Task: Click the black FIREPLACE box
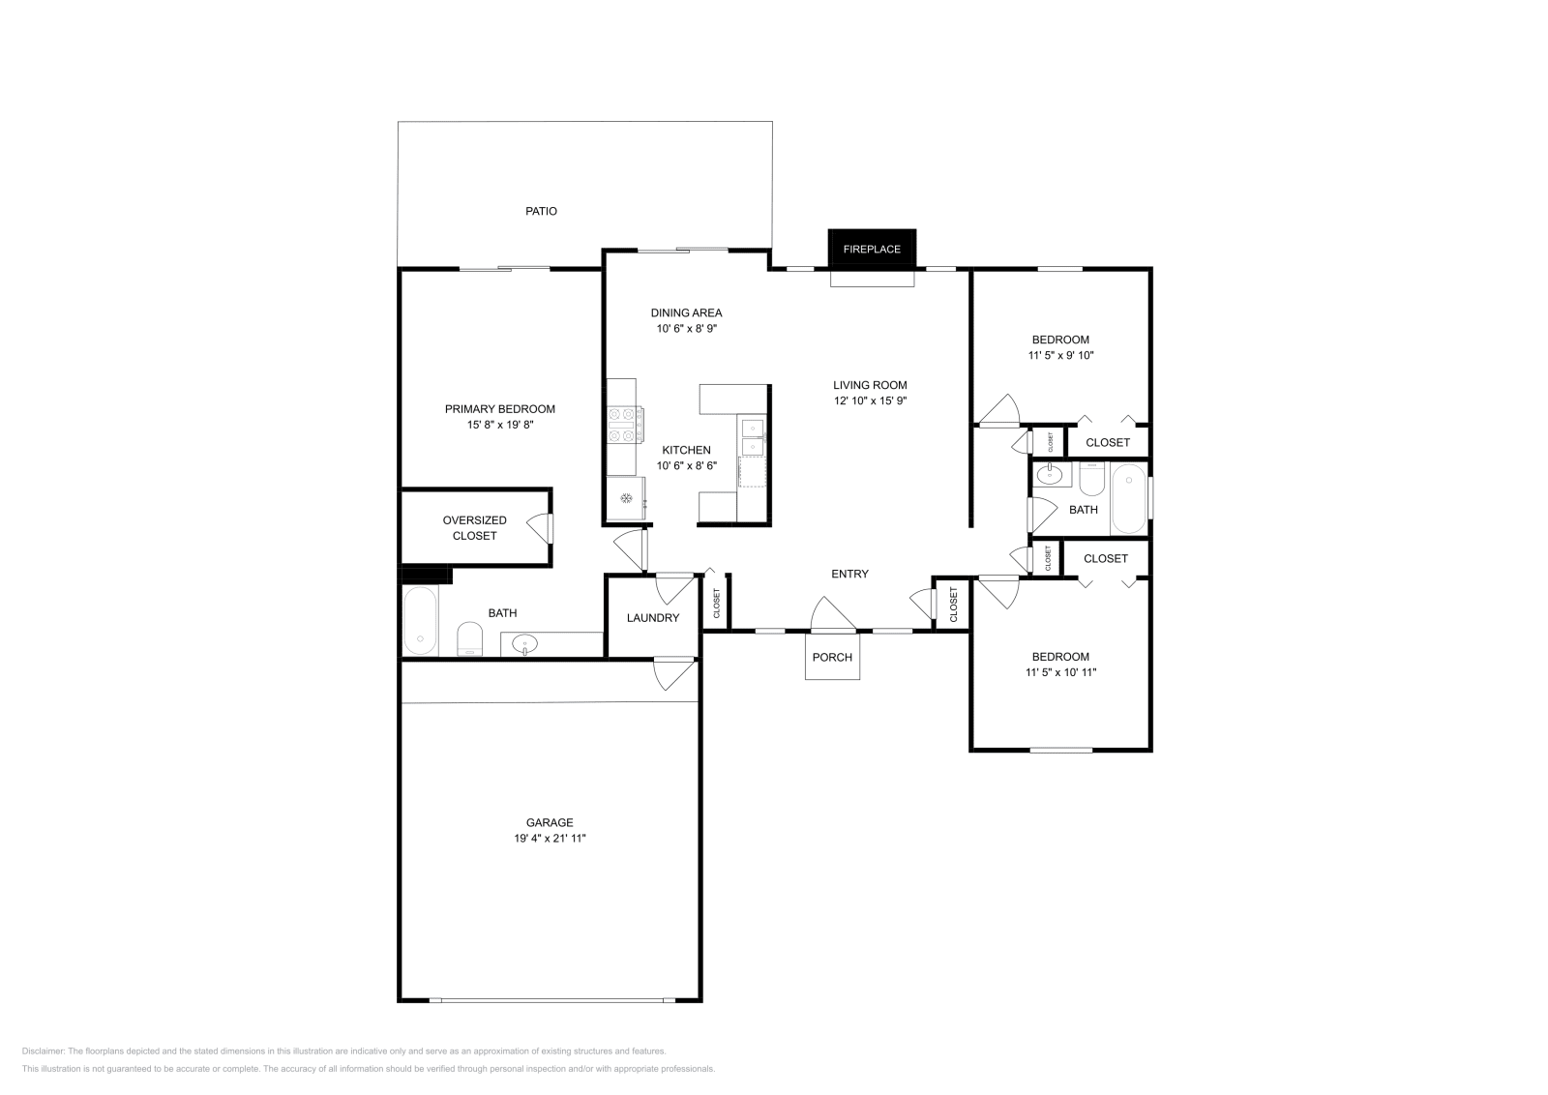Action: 871,249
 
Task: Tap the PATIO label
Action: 541,211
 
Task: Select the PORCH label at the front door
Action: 832,658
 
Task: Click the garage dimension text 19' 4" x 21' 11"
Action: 550,839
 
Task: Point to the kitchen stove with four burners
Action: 624,426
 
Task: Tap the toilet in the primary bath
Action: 469,638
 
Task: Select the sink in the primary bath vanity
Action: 525,642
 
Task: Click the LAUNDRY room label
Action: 653,618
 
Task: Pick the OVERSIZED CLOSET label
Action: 475,528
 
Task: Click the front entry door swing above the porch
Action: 827,615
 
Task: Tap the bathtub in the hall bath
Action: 1128,498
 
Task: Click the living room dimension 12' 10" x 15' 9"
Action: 870,400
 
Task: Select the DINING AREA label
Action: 686,312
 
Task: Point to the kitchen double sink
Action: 752,436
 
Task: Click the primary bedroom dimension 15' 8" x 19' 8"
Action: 499,425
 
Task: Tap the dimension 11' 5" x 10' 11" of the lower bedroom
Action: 1060,672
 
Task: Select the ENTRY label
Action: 849,574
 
